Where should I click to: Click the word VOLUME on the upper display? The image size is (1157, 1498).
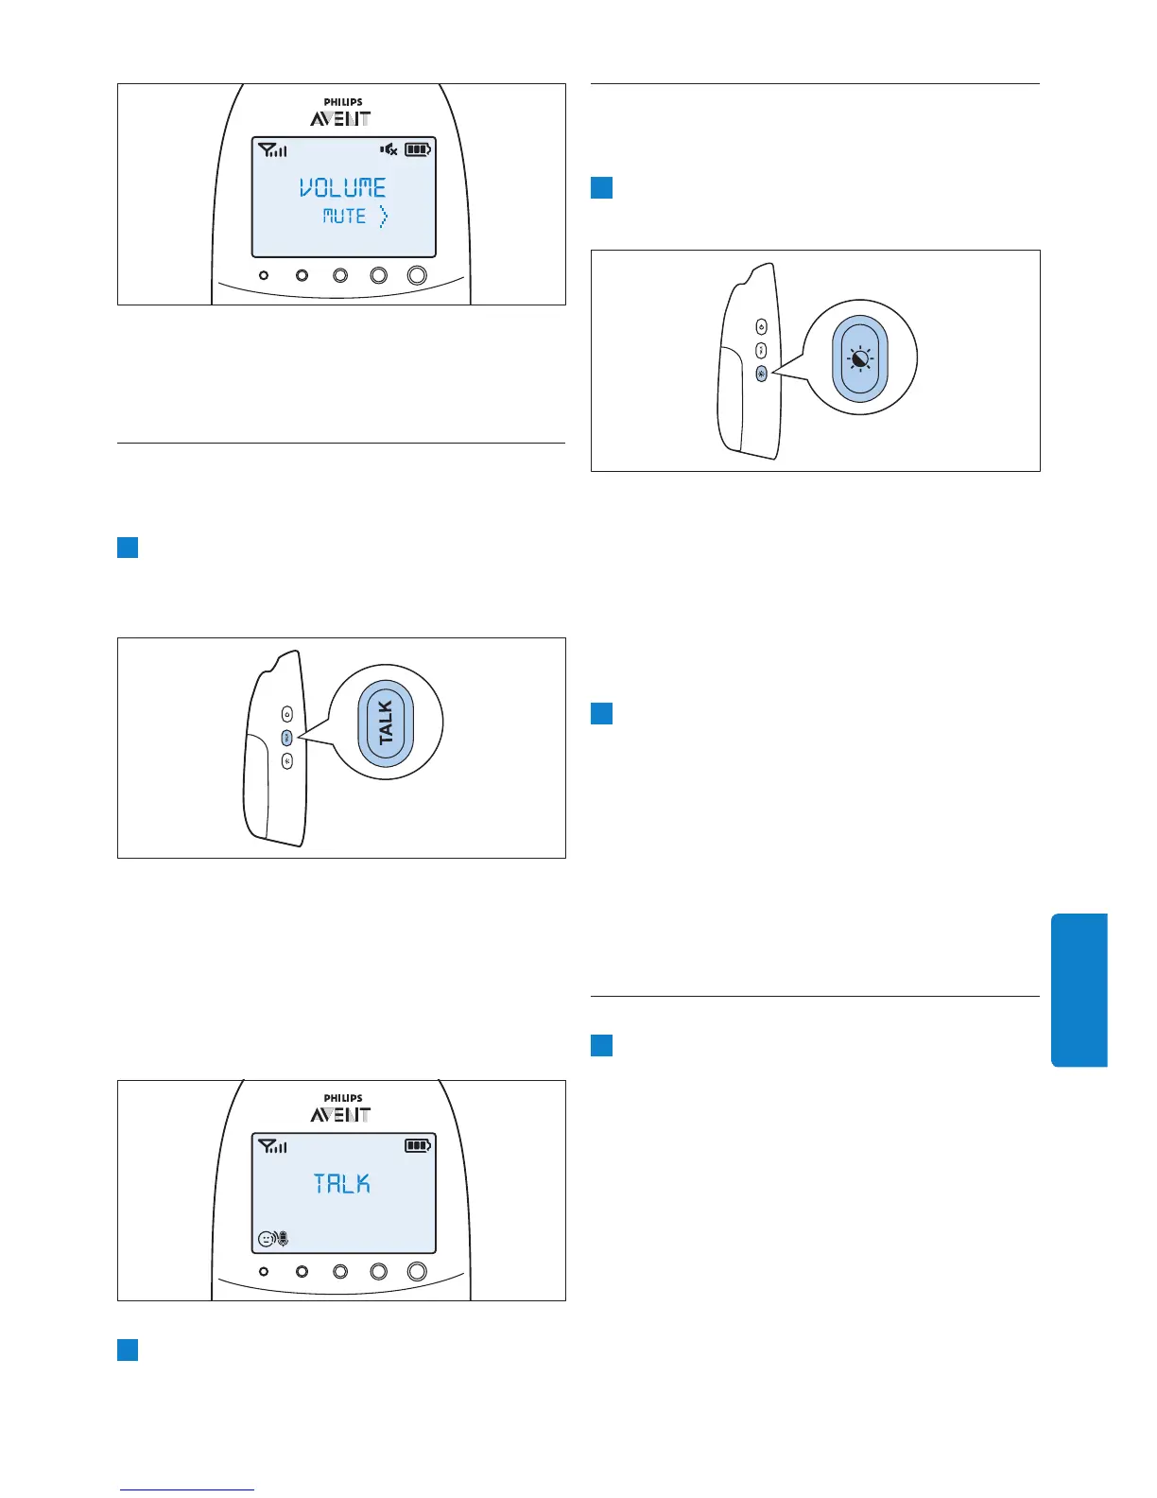click(343, 187)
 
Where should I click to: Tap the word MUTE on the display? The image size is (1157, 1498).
click(344, 217)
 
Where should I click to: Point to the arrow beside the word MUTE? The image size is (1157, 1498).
click(383, 218)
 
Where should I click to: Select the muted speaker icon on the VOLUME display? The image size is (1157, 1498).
click(389, 149)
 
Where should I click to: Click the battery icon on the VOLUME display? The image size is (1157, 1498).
click(418, 149)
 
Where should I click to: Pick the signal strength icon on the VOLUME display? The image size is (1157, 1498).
click(272, 149)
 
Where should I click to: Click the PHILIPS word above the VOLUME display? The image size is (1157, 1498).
click(342, 102)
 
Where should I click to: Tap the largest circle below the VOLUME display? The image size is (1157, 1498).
click(417, 275)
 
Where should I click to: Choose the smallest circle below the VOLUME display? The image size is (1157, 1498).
click(264, 275)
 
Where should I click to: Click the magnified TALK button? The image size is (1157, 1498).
click(386, 723)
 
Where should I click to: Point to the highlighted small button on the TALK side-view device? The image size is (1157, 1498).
click(287, 738)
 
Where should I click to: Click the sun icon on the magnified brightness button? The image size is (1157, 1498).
click(860, 359)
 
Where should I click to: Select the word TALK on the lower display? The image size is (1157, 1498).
click(342, 1184)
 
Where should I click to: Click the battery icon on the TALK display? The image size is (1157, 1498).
click(418, 1145)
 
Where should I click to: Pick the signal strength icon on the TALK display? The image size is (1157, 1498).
click(272, 1146)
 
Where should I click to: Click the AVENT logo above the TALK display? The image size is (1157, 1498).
click(341, 1115)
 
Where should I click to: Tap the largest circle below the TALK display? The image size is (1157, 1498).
click(417, 1272)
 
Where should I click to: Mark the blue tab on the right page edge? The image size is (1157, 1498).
click(1079, 989)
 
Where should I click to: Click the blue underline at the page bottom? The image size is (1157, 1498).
click(187, 1490)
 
